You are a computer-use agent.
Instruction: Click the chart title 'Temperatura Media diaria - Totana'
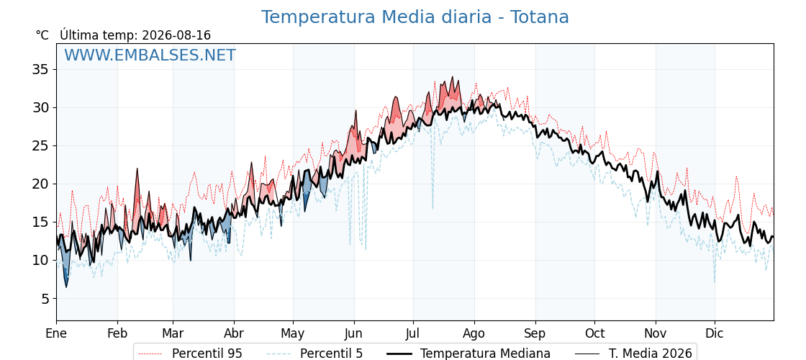(415, 17)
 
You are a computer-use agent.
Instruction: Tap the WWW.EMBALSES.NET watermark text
(150, 55)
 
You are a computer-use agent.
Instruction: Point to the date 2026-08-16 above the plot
(176, 35)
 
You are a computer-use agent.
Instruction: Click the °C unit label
(42, 35)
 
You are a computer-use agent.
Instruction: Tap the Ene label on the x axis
(56, 334)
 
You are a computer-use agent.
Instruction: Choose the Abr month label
(234, 334)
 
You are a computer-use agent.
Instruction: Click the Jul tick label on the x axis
(413, 334)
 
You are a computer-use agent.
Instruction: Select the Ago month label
(474, 334)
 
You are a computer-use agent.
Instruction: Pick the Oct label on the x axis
(594, 334)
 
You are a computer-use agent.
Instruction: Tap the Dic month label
(715, 334)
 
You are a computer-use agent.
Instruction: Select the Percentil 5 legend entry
(315, 354)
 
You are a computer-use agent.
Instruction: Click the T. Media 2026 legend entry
(633, 354)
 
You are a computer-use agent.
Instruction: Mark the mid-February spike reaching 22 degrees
(137, 169)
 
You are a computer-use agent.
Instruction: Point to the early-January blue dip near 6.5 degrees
(65, 286)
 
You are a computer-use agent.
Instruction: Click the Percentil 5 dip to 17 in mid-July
(433, 208)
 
